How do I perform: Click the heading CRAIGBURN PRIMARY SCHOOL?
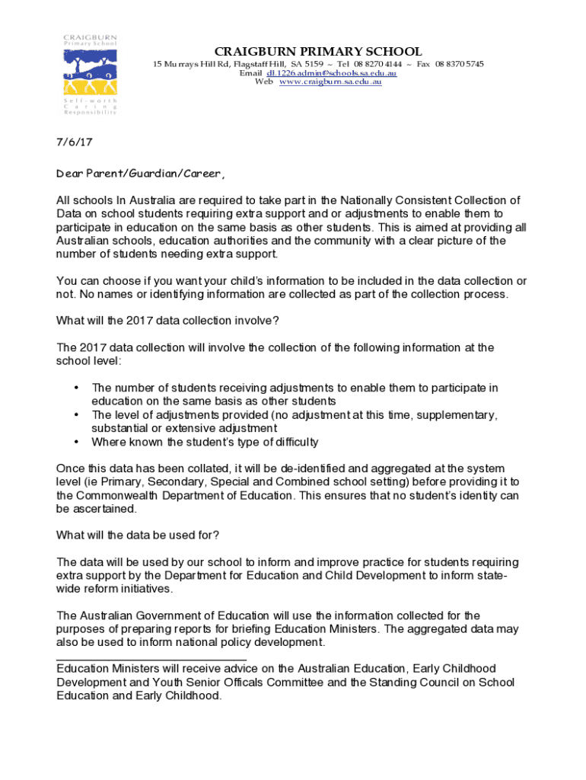click(318, 51)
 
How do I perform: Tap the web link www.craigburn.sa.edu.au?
click(330, 82)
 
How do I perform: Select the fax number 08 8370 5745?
click(460, 64)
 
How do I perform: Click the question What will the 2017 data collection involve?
click(172, 320)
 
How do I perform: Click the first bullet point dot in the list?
click(76, 388)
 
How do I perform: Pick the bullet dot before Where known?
click(76, 442)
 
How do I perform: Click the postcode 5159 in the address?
click(313, 64)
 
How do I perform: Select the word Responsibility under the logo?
click(90, 113)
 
